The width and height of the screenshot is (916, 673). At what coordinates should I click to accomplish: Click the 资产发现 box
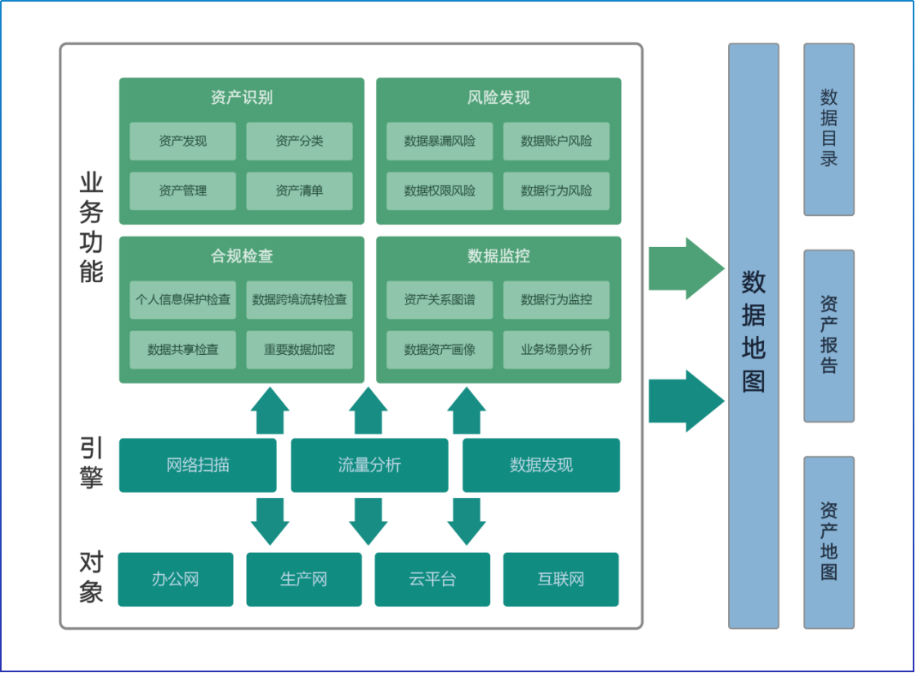[x=183, y=141]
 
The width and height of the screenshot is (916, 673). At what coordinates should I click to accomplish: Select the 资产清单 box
[x=299, y=191]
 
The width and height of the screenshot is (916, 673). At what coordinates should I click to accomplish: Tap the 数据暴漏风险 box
[x=440, y=141]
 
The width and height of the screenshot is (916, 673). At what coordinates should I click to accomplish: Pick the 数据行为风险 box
[x=556, y=191]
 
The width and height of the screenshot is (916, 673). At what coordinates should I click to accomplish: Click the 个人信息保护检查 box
[x=183, y=300]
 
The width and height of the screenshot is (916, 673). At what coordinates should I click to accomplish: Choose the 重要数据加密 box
[x=299, y=350]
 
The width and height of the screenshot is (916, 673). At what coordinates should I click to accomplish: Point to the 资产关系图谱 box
[x=440, y=300]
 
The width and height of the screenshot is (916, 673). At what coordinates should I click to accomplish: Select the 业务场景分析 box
[x=556, y=350]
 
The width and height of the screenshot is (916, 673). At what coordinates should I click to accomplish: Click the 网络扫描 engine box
[x=198, y=465]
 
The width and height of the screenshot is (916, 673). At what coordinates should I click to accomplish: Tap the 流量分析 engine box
[x=369, y=465]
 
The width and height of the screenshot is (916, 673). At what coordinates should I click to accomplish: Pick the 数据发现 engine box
[x=541, y=465]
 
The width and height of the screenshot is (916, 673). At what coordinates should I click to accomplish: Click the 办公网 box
[x=175, y=580]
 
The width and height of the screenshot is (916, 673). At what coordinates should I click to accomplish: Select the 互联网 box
[x=561, y=580]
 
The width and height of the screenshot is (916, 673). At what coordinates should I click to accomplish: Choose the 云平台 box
[x=432, y=580]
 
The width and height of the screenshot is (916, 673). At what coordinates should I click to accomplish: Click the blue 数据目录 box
[x=829, y=129]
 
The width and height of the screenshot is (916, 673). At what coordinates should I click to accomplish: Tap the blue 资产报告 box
[x=829, y=336]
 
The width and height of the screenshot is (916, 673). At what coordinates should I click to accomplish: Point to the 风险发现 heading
[x=498, y=97]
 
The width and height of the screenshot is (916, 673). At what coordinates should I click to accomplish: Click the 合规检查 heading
[x=242, y=255]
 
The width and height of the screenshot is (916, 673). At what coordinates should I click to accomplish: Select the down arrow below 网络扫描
[x=270, y=522]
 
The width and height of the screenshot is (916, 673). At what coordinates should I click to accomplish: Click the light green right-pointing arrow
[x=686, y=268]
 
